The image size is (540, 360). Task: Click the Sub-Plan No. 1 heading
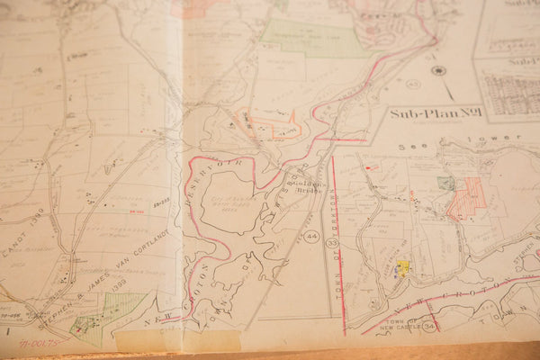click(x=436, y=113)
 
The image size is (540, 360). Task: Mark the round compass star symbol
click(x=438, y=70)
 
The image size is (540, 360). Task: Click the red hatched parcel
click(x=466, y=199)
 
